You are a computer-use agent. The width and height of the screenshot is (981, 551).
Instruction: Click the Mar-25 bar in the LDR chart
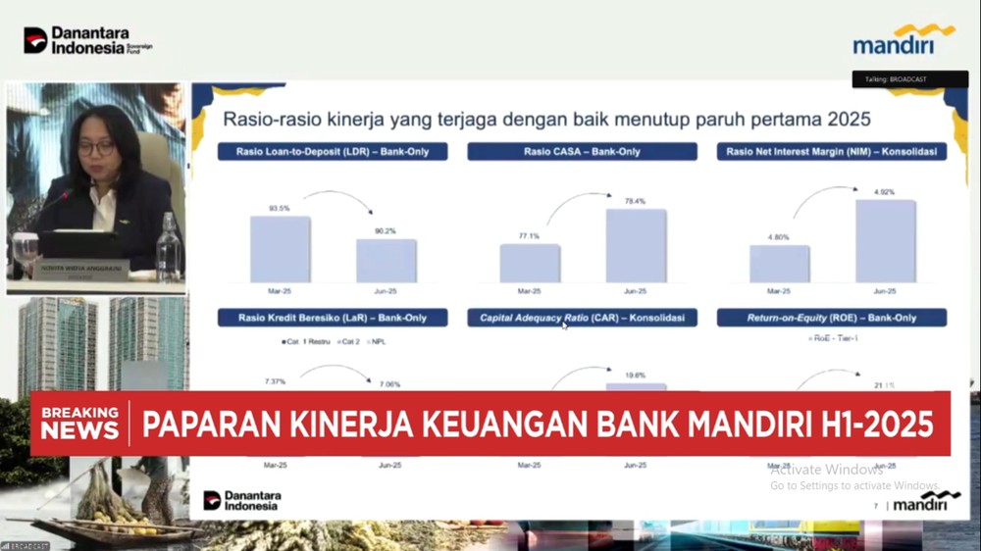[280, 249]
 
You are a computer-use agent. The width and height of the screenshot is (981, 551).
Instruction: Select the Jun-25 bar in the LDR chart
[386, 261]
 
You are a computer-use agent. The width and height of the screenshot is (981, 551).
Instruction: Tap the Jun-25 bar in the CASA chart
[636, 246]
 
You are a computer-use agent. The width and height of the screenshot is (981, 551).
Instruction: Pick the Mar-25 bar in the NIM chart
[780, 264]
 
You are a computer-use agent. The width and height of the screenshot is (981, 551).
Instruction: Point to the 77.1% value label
[529, 236]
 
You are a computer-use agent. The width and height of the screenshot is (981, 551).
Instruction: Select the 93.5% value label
[280, 208]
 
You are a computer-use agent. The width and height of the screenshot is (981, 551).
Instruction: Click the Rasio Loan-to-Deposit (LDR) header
[333, 152]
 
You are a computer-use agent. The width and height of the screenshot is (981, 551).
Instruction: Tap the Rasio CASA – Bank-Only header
[582, 152]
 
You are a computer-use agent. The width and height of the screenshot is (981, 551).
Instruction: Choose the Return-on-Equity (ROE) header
[832, 318]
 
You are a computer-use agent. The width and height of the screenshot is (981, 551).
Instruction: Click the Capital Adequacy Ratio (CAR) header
[582, 318]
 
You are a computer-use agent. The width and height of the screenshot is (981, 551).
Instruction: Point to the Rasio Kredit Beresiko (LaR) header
[333, 318]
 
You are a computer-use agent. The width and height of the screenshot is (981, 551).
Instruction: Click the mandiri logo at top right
[904, 40]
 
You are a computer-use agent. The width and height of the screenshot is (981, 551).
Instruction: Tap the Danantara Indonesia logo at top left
[88, 40]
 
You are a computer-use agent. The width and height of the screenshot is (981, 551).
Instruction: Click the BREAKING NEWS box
[79, 423]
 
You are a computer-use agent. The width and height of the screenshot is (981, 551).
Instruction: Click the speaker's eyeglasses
[96, 148]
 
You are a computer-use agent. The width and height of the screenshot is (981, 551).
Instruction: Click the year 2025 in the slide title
[849, 120]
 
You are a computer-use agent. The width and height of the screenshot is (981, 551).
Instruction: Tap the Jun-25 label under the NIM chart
[885, 291]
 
